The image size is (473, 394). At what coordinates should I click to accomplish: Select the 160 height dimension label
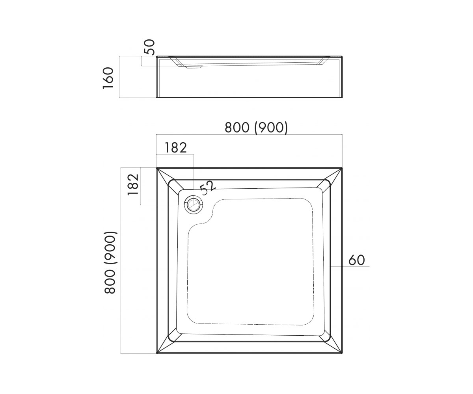click(x=108, y=78)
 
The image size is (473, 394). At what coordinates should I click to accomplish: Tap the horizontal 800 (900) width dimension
click(x=256, y=128)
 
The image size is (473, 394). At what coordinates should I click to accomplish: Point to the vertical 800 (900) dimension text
click(x=110, y=263)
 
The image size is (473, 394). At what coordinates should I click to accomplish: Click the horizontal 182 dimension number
click(x=175, y=148)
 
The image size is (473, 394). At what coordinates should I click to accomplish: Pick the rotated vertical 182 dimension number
click(x=133, y=184)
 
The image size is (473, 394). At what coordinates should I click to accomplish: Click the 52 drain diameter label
click(x=208, y=188)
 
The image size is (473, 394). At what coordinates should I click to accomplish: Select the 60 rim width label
click(x=357, y=260)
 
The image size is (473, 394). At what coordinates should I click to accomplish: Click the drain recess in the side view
click(x=194, y=67)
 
